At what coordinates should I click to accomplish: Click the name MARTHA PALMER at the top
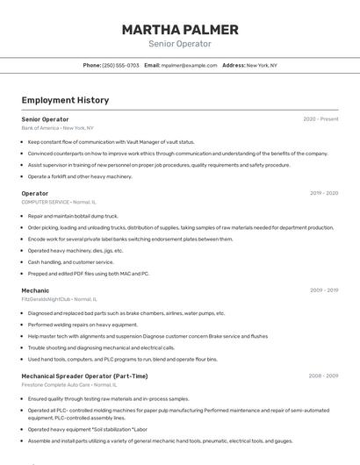click(180, 29)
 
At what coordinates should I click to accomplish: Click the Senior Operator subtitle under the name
click(180, 44)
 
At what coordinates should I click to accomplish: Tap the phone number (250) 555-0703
click(120, 65)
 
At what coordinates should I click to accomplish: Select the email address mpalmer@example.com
click(189, 65)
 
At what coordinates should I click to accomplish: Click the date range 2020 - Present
click(320, 118)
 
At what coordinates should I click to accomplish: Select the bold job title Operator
click(35, 193)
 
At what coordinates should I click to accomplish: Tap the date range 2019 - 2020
click(323, 193)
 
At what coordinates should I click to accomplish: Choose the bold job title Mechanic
click(35, 290)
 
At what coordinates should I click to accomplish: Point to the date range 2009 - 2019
click(323, 290)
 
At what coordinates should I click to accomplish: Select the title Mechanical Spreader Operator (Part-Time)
click(85, 376)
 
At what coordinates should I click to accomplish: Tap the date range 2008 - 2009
click(323, 376)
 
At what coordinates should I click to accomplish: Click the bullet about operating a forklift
click(80, 176)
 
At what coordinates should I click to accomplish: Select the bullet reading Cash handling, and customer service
click(70, 261)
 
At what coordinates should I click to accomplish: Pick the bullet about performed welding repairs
click(83, 324)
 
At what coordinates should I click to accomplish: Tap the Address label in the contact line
click(234, 65)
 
